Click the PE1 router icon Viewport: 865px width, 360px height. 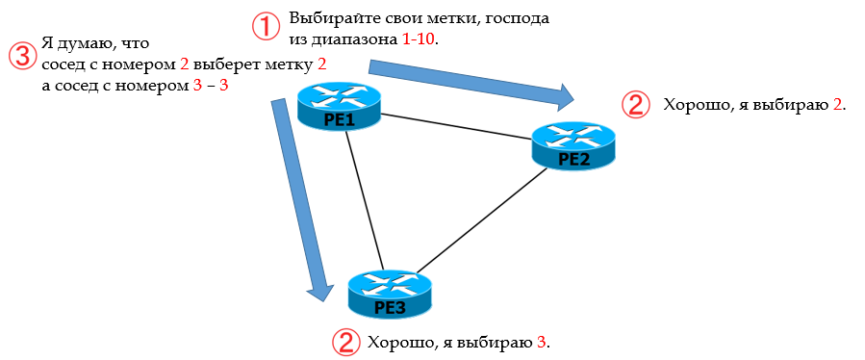(339, 105)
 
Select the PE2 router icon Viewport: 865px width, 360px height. (574, 146)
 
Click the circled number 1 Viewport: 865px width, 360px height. (267, 27)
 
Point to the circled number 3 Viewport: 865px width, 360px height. (20, 55)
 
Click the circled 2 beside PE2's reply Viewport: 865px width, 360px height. (635, 104)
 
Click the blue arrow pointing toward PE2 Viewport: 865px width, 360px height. (471, 82)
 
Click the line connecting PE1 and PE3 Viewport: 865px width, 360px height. (365, 197)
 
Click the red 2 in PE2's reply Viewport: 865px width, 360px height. (837, 104)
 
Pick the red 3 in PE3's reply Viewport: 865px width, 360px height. (541, 342)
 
